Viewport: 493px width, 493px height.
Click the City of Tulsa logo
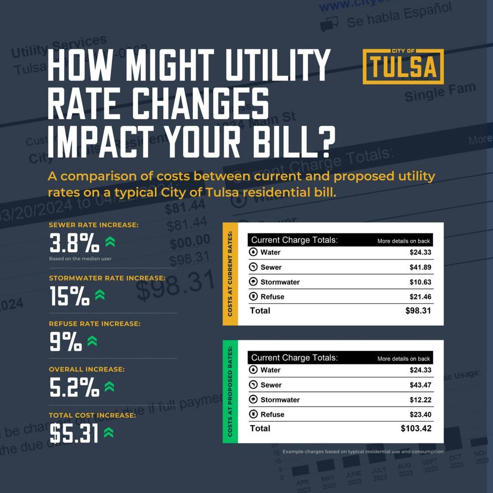(x=403, y=66)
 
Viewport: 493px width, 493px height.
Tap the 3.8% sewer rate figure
(x=74, y=244)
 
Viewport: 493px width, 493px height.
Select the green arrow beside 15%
(x=100, y=295)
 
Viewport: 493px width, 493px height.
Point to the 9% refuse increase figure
(x=66, y=342)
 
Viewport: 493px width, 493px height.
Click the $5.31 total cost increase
(x=74, y=434)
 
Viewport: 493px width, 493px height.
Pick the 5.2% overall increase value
(x=75, y=387)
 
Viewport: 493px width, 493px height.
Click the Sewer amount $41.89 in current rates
(x=420, y=267)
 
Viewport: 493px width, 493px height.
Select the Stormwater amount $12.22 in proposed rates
(x=420, y=400)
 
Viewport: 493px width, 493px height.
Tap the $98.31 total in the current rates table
(x=418, y=311)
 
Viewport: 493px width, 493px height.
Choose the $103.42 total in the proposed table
(x=416, y=428)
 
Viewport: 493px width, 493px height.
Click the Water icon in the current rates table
(x=253, y=252)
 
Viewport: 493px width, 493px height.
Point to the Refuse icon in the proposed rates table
(x=253, y=414)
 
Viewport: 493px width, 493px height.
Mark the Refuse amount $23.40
(x=420, y=414)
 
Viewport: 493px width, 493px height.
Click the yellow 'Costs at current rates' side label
(x=230, y=274)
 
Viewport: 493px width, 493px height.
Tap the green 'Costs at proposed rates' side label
(x=230, y=392)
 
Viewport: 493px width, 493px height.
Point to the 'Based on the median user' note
(x=80, y=259)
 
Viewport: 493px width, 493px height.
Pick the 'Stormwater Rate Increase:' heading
(x=107, y=278)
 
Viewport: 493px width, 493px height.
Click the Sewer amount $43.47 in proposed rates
(x=420, y=385)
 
